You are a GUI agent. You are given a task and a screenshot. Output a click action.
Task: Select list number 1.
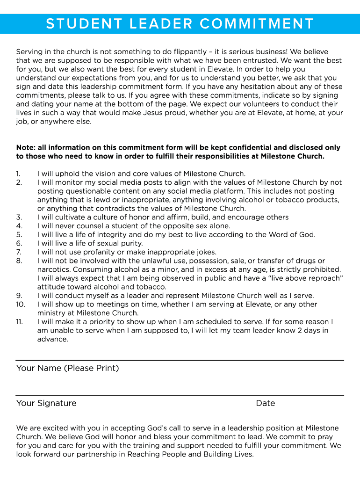(18, 174)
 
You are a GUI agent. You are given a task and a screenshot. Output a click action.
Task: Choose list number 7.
(19, 252)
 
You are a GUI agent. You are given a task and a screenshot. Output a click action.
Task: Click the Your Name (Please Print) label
(67, 368)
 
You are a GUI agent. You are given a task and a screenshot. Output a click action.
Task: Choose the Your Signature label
(46, 403)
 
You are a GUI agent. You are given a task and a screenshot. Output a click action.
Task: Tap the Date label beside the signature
(265, 403)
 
